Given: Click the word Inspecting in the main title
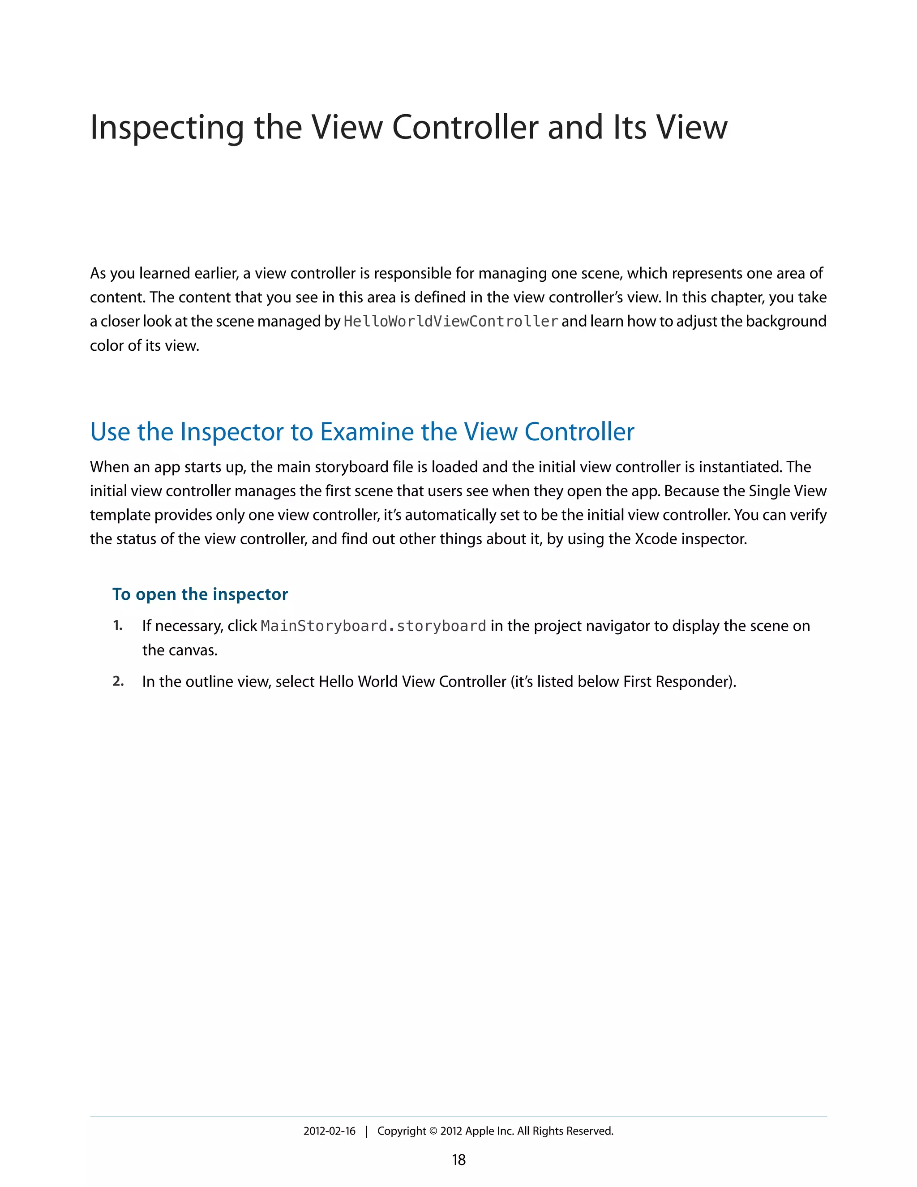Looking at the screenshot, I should click(x=166, y=128).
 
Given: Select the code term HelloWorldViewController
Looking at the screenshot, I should click(x=451, y=322).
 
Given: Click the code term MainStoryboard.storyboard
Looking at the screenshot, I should click(x=373, y=626).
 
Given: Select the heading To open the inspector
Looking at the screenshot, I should click(x=200, y=594).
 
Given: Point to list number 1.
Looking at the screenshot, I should click(x=117, y=626).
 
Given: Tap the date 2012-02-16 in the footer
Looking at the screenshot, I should click(x=329, y=1131).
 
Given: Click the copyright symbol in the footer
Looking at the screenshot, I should click(x=433, y=1131).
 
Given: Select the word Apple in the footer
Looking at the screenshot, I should click(x=480, y=1131).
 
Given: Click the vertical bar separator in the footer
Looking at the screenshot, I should click(x=367, y=1131).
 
